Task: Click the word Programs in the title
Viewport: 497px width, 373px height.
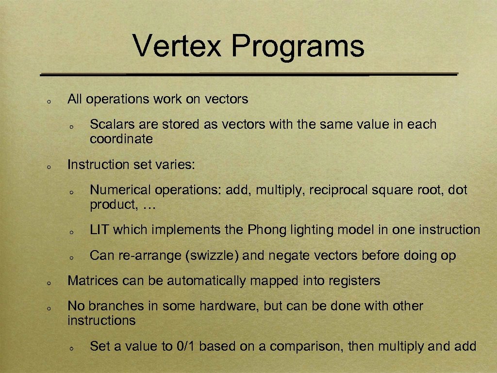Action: (x=298, y=47)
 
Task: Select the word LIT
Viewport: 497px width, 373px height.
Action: (x=99, y=230)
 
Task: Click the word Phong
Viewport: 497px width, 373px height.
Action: (x=267, y=230)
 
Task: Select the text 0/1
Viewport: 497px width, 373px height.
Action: (x=185, y=346)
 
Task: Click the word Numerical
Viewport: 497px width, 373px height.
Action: (x=116, y=190)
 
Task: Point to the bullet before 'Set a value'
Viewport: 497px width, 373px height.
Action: (x=71, y=348)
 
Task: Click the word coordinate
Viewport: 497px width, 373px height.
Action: (x=121, y=139)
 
